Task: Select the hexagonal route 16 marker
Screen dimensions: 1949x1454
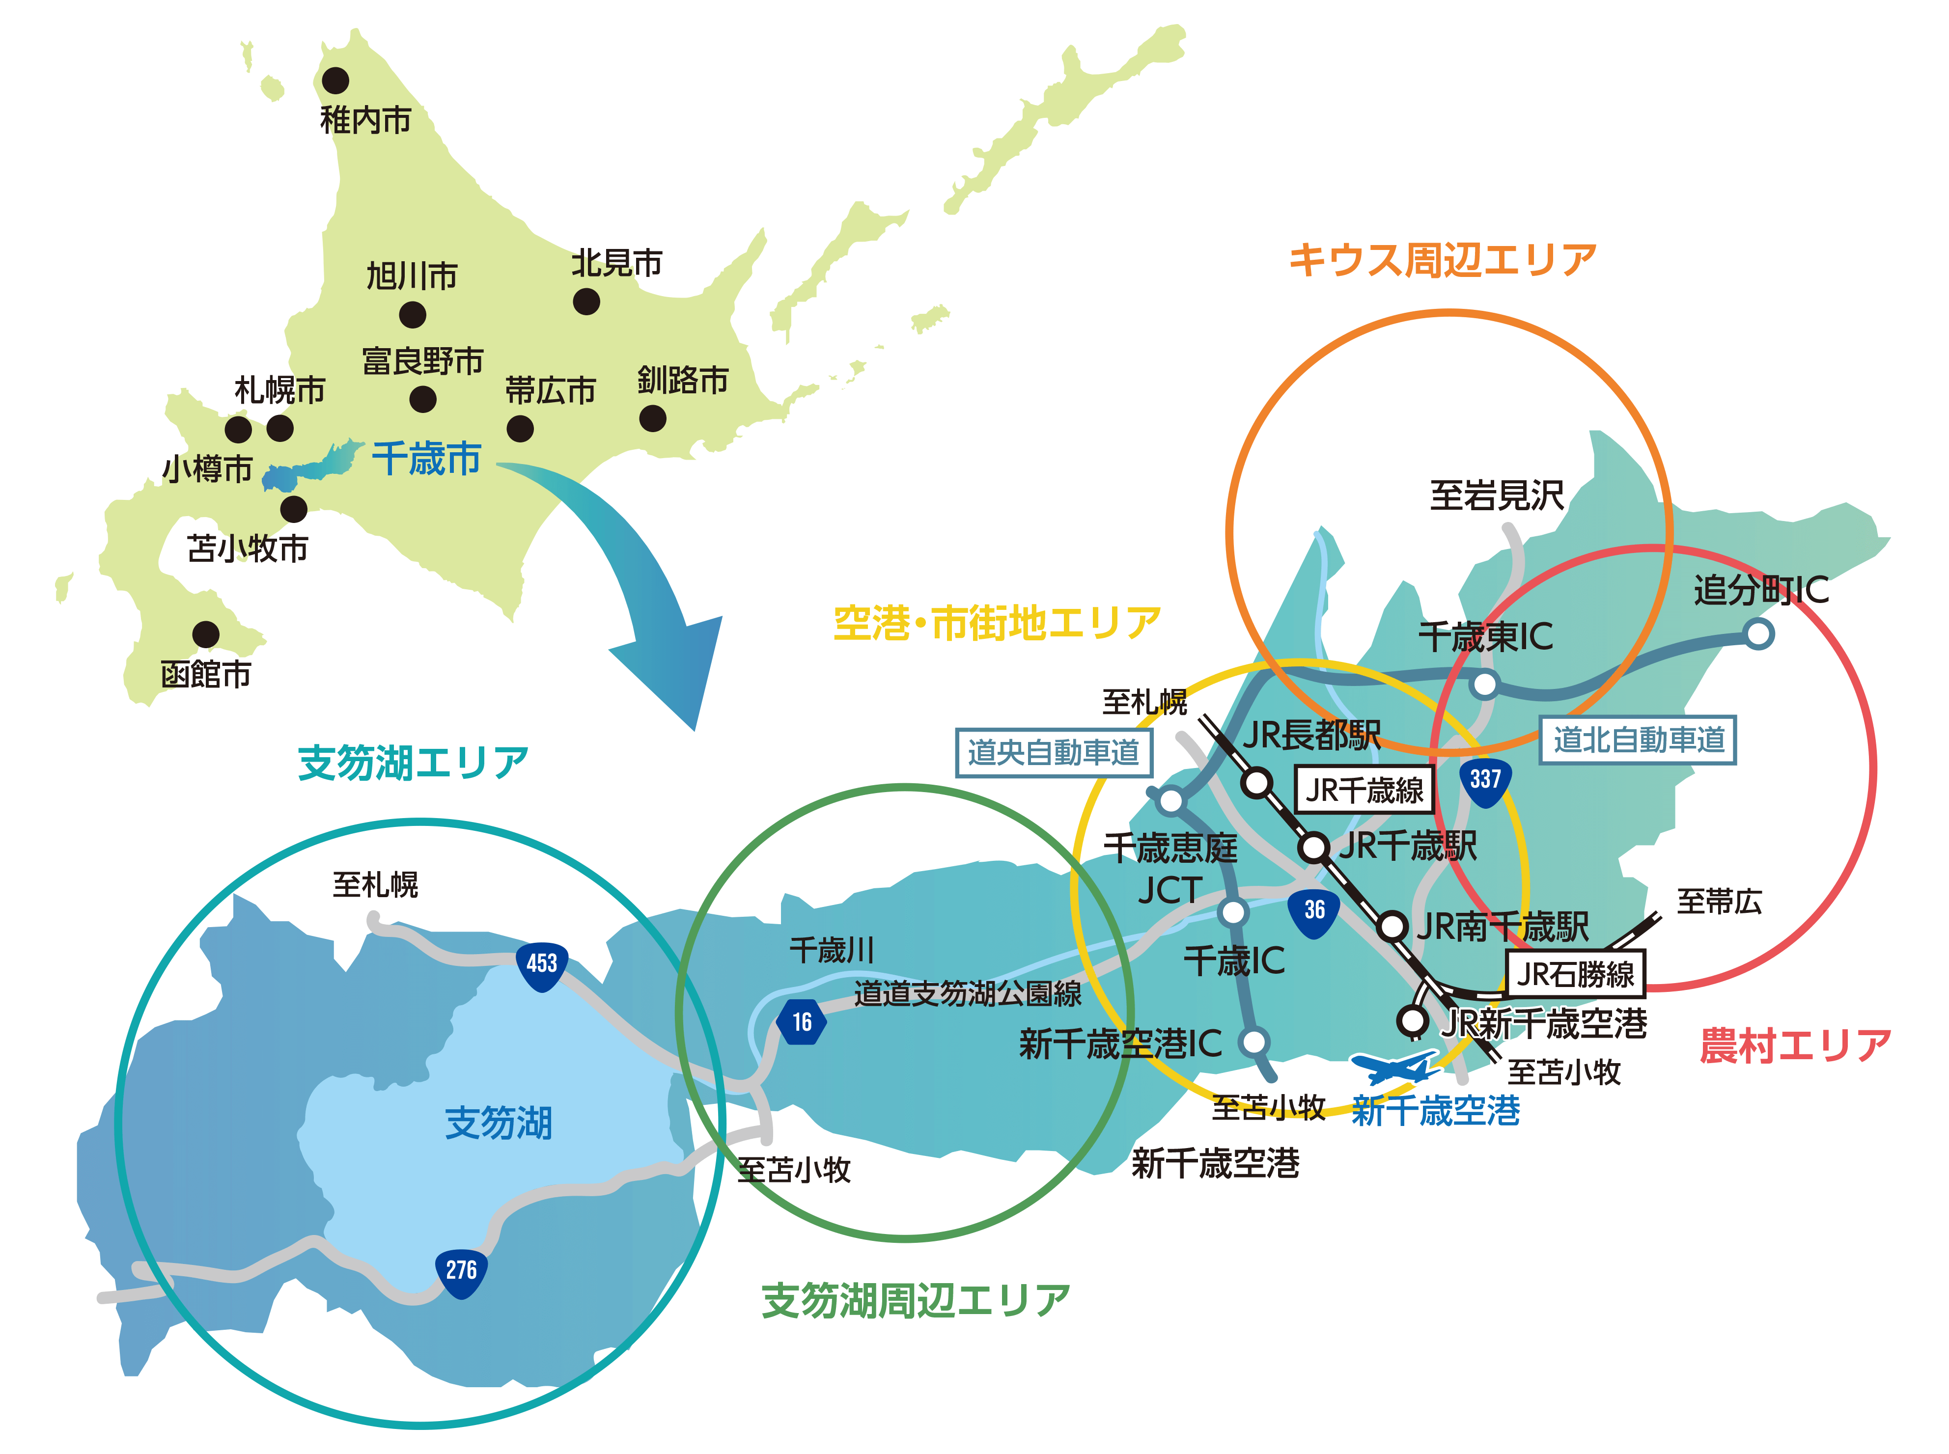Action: tap(801, 1022)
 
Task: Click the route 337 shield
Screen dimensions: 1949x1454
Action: tap(1485, 781)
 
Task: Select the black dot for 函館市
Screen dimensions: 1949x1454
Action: tap(206, 634)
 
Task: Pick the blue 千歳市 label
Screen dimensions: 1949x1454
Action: tap(427, 460)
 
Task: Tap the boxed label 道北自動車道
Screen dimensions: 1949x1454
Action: tap(1638, 740)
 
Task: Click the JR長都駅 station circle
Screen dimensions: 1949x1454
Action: tap(1257, 782)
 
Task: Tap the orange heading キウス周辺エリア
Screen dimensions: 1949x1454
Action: tap(1442, 261)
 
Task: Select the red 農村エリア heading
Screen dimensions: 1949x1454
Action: tap(1794, 1045)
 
